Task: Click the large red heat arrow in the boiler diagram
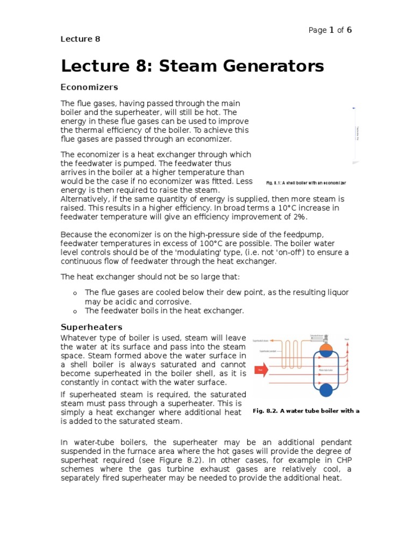point(262,370)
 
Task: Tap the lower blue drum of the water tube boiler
point(326,390)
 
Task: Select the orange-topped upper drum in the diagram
point(326,350)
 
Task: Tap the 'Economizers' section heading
point(89,87)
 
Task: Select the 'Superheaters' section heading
point(91,327)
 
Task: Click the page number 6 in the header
point(349,30)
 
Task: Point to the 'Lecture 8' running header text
point(80,39)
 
